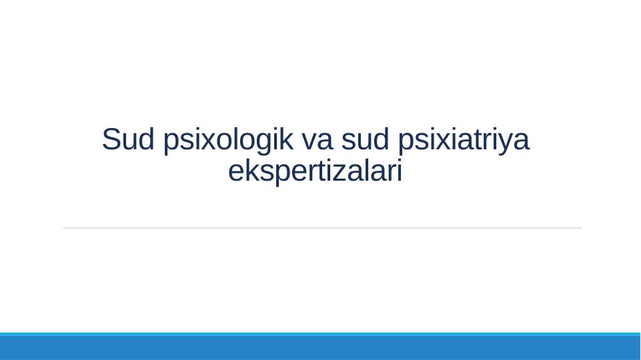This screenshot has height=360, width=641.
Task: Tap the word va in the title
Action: pos(316,141)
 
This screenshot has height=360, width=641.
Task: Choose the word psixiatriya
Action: pos(463,141)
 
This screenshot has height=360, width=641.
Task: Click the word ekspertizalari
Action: pos(315,172)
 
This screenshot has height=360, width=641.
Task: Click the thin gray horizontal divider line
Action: pos(322,228)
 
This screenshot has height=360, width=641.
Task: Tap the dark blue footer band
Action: pos(320,348)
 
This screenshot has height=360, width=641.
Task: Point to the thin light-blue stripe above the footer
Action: pos(320,334)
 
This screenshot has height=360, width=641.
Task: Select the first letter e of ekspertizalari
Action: pos(235,173)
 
